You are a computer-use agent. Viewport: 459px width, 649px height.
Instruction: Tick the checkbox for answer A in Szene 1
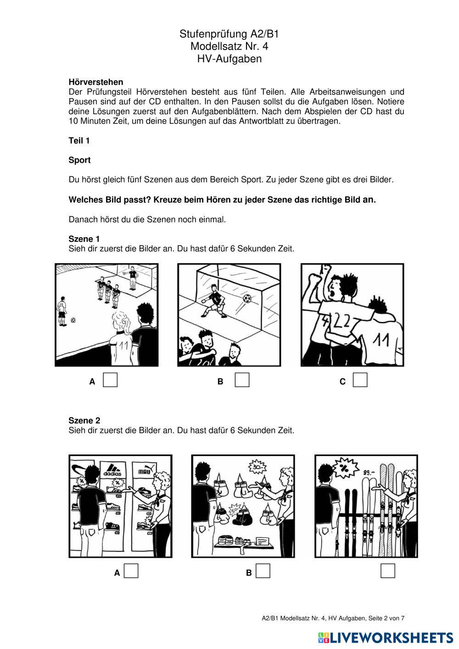tap(110, 380)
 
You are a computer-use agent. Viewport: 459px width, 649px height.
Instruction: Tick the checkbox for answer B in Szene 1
tap(242, 380)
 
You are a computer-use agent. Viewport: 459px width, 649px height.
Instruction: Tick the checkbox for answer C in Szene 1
tap(360, 380)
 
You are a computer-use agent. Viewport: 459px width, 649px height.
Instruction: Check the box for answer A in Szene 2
tap(131, 571)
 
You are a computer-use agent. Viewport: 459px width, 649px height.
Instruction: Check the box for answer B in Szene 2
tap(263, 571)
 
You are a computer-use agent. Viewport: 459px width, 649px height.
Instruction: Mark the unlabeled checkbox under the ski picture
tap(388, 571)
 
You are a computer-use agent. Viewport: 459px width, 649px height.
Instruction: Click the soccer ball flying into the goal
tap(247, 299)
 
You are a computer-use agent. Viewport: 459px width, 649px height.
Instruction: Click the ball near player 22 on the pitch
tap(73, 320)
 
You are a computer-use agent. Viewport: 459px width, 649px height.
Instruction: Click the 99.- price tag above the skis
tap(369, 472)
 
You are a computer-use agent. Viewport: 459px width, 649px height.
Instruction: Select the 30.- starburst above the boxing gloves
tap(257, 467)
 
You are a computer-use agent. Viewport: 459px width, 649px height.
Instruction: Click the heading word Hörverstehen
tap(96, 82)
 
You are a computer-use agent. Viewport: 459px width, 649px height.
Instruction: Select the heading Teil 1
tap(79, 141)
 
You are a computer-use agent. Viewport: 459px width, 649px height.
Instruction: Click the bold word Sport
tap(79, 160)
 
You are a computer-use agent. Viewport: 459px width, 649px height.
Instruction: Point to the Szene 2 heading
tap(84, 421)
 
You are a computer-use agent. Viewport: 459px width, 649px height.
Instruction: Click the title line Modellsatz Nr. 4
tap(229, 46)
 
